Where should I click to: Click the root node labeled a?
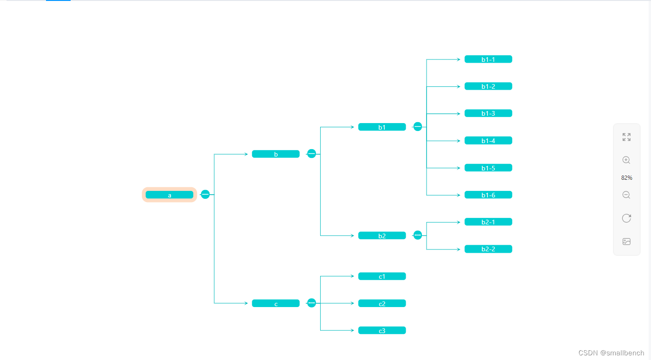coord(169,195)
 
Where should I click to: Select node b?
coord(276,154)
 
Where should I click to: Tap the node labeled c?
coord(276,303)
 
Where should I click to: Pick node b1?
coord(382,127)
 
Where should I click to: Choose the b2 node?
coord(382,236)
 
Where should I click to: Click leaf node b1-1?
coord(488,59)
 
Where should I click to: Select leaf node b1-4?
coord(488,140)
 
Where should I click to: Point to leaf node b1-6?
coord(488,195)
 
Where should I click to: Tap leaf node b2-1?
coord(488,222)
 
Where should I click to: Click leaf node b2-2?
coord(488,249)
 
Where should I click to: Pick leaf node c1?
coord(382,276)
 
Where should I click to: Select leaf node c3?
coord(382,330)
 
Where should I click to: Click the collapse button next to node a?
coord(205,194)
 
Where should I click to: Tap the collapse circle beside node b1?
coord(418,126)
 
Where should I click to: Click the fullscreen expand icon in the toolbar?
coord(626,137)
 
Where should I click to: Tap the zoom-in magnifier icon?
coord(626,160)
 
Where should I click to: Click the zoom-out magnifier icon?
coord(626,195)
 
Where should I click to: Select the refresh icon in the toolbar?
coord(626,218)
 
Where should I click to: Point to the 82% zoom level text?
coord(626,178)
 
